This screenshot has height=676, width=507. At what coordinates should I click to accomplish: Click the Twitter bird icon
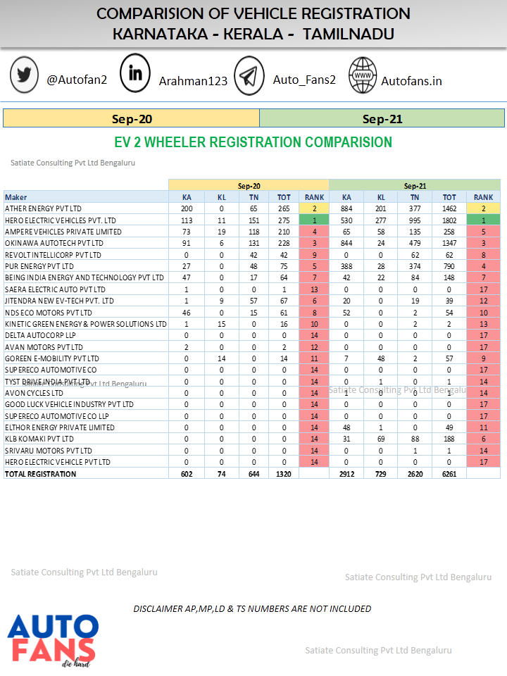tap(25, 75)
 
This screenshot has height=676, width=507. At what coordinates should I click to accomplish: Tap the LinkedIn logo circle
tap(135, 73)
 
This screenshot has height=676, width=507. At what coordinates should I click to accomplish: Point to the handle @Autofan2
tap(77, 80)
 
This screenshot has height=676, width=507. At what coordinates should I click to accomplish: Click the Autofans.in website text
tap(411, 81)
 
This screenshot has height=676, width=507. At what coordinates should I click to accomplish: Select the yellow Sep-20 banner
tap(132, 119)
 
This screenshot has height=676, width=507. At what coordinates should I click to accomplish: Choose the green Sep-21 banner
tap(382, 119)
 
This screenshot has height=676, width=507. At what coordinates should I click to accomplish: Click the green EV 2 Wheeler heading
tap(253, 142)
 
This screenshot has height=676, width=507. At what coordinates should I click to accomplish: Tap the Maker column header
tap(16, 197)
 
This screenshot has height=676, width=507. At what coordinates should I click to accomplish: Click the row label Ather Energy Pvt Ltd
tap(43, 208)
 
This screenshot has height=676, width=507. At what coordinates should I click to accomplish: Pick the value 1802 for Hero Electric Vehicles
tap(449, 220)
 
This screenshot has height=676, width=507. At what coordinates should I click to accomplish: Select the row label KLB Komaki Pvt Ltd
tap(39, 439)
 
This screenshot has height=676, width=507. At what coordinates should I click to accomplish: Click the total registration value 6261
tap(449, 474)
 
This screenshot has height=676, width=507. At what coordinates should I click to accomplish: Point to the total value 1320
tap(284, 474)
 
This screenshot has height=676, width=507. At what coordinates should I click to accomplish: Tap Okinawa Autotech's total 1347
tap(449, 243)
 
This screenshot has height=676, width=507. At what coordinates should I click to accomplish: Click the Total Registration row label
tap(40, 474)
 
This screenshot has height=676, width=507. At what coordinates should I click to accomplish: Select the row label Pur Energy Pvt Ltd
tap(39, 266)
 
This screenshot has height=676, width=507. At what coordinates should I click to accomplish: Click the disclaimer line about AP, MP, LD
tap(252, 608)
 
